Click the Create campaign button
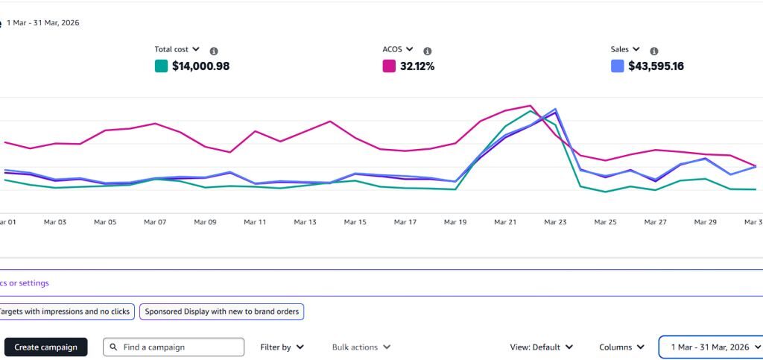coord(45,347)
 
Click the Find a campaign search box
coord(173,347)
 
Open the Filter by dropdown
coord(282,347)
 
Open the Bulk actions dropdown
coord(361,347)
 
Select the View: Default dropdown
coord(541,347)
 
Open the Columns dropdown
coord(621,347)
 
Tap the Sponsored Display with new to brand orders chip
coord(222,312)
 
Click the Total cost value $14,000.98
coord(200,66)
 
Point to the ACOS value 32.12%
coord(417,66)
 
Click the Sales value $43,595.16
coord(656,66)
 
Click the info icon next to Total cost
coord(214,51)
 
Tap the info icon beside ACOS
coord(427,51)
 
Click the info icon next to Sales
coord(654,51)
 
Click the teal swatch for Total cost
coord(161,66)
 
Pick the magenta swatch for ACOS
coord(389,66)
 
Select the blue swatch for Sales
coord(617,66)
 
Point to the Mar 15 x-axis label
coord(355,222)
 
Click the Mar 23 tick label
coord(555,222)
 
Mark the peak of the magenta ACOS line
coord(531,106)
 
